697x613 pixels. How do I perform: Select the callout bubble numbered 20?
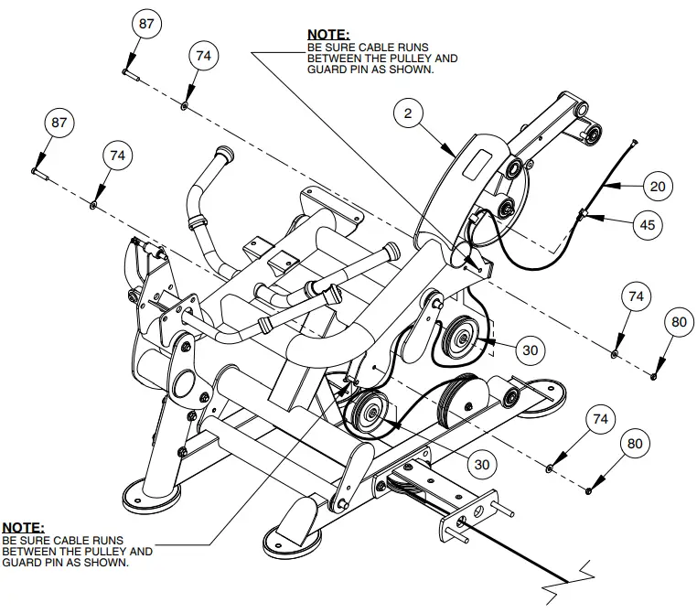click(x=656, y=186)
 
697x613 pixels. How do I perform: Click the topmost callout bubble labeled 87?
click(x=146, y=25)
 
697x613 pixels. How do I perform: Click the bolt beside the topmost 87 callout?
click(x=129, y=72)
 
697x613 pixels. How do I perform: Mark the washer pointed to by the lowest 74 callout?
click(x=550, y=468)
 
